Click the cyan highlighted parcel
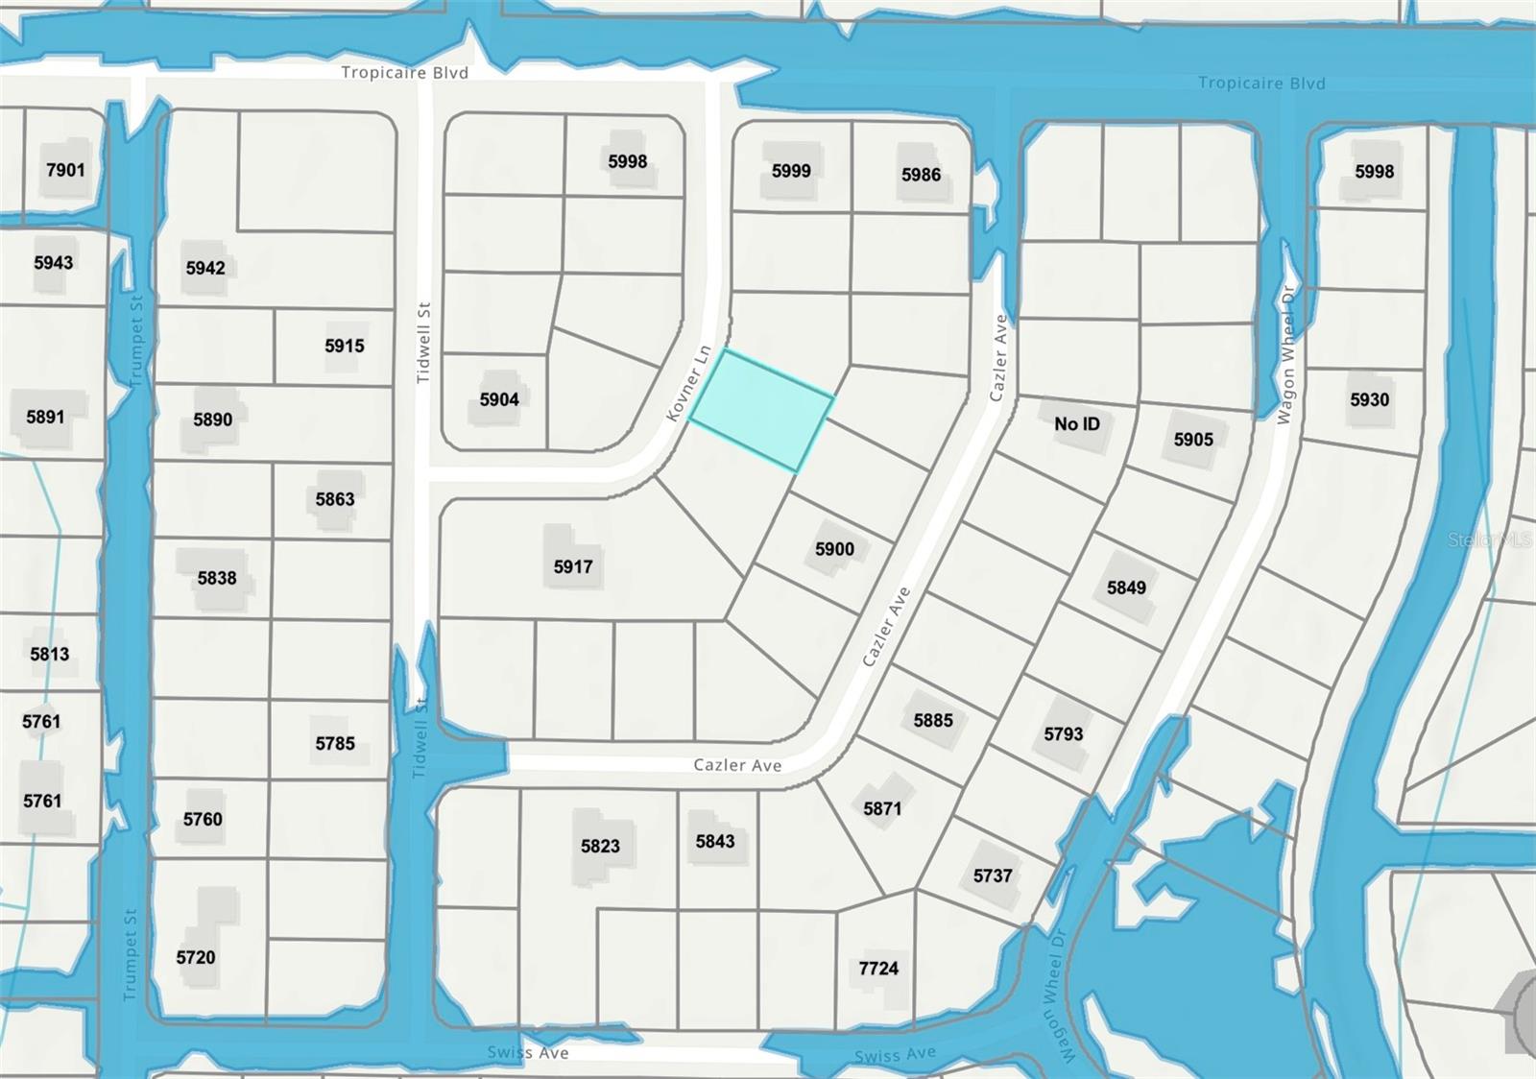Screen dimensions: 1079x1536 [761, 410]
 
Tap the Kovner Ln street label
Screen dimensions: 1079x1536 [688, 383]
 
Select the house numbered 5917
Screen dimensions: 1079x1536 [573, 566]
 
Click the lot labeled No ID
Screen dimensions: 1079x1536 [1077, 423]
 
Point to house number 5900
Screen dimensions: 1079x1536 [834, 549]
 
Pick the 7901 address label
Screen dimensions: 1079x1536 [65, 170]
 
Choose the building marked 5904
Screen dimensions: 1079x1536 [499, 399]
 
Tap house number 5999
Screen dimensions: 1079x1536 [791, 171]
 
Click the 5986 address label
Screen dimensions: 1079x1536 [921, 175]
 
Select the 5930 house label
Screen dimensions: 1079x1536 [1369, 399]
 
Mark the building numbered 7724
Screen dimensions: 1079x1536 [878, 969]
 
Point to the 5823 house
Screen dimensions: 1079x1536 [600, 846]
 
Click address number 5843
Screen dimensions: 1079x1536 [715, 841]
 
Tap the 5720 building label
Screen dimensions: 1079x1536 [196, 957]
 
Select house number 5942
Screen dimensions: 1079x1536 [205, 268]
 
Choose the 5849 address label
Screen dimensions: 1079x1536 [1126, 587]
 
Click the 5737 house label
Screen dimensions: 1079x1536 [993, 875]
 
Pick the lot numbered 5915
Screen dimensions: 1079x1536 [345, 346]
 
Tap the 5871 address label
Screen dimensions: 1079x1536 [882, 808]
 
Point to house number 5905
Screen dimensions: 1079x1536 [1193, 440]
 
